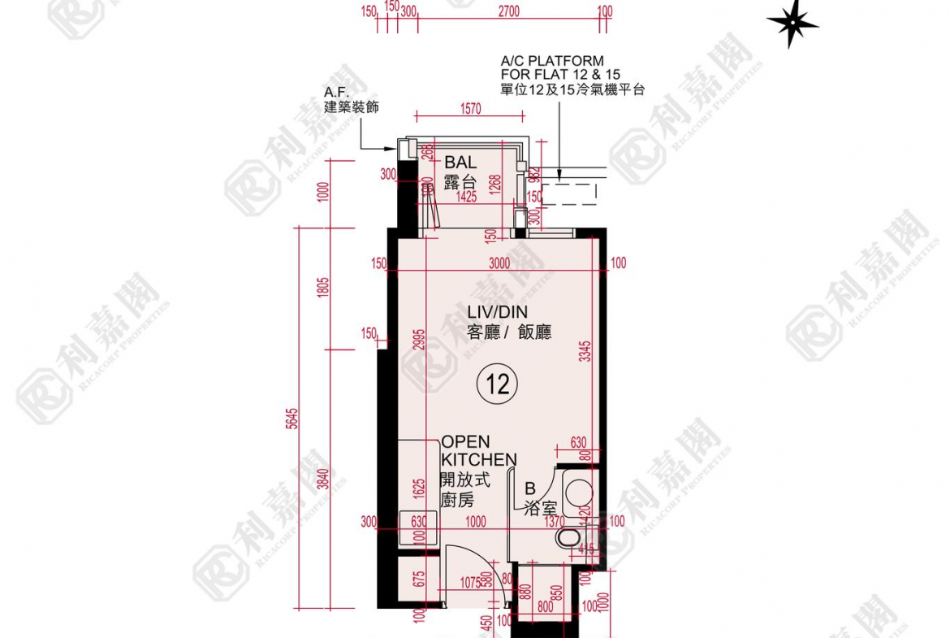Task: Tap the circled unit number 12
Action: (498, 383)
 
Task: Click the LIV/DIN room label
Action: (497, 312)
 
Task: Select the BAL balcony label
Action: (460, 163)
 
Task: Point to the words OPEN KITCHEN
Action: (477, 451)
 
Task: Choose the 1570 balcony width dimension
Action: (471, 108)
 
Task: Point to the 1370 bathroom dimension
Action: (555, 523)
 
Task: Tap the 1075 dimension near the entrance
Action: (470, 582)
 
